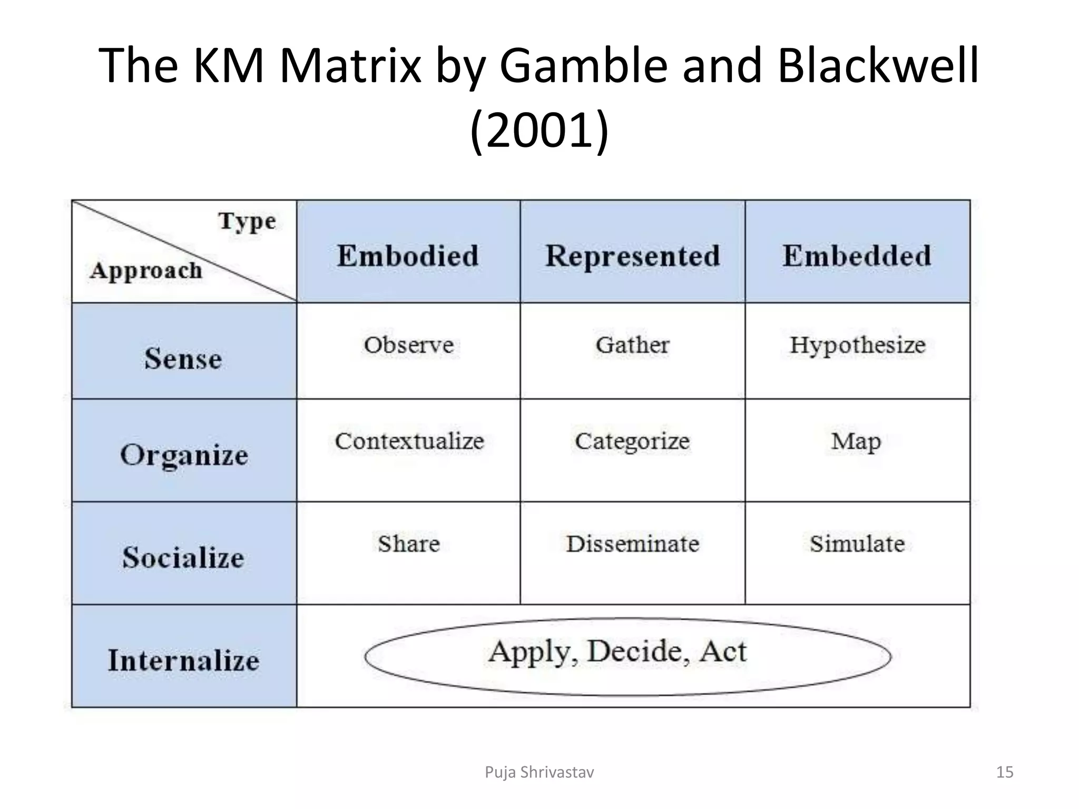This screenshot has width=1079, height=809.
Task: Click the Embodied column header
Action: (x=408, y=256)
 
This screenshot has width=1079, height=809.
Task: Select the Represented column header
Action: (x=632, y=256)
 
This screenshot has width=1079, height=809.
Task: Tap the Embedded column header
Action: (x=857, y=256)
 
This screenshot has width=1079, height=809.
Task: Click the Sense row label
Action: (x=183, y=359)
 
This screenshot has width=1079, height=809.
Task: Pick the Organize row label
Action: (x=184, y=455)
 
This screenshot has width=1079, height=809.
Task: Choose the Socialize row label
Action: (x=183, y=557)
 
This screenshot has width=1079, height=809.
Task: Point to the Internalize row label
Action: (x=183, y=660)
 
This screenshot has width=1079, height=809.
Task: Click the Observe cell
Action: (x=408, y=345)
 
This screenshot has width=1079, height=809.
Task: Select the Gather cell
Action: (x=632, y=345)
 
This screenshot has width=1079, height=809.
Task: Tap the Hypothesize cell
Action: (x=857, y=345)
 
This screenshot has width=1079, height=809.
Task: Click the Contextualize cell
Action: (x=409, y=441)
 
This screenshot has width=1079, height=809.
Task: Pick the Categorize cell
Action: (x=632, y=441)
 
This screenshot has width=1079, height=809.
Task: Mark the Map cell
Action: (x=856, y=441)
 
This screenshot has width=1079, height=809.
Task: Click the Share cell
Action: (x=408, y=544)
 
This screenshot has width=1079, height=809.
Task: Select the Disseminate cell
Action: (x=632, y=544)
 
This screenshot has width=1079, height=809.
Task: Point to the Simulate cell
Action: (x=857, y=544)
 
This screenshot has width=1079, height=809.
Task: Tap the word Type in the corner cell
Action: (x=247, y=221)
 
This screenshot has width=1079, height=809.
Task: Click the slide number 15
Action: (x=1005, y=772)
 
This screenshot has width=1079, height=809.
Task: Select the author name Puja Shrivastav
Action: (x=539, y=772)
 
